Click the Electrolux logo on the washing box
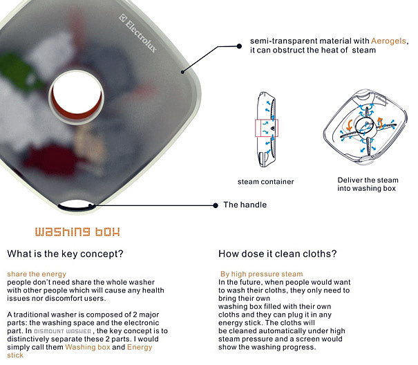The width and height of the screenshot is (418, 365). (x=137, y=33)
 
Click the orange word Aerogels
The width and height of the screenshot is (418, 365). (x=389, y=41)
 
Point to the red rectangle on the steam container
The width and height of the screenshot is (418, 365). (x=267, y=128)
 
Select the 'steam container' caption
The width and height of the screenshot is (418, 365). (x=266, y=182)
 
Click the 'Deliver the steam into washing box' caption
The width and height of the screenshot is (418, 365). (x=368, y=184)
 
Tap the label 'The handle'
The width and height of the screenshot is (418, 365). (x=245, y=205)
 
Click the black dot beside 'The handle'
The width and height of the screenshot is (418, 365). (x=216, y=205)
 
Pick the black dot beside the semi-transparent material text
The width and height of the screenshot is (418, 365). (x=239, y=46)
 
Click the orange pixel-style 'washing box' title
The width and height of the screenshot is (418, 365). (x=77, y=232)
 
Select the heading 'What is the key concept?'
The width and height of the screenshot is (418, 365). (x=66, y=254)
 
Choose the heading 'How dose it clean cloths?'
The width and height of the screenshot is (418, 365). (x=278, y=254)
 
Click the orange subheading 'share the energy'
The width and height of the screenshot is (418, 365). (x=37, y=274)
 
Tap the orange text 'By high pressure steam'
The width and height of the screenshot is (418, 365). (x=262, y=274)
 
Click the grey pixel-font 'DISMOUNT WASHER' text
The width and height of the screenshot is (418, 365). (x=63, y=331)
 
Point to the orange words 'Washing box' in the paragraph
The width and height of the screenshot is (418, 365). (x=88, y=347)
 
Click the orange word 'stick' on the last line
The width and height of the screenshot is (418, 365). (x=15, y=355)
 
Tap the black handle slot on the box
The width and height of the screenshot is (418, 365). (x=76, y=207)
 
